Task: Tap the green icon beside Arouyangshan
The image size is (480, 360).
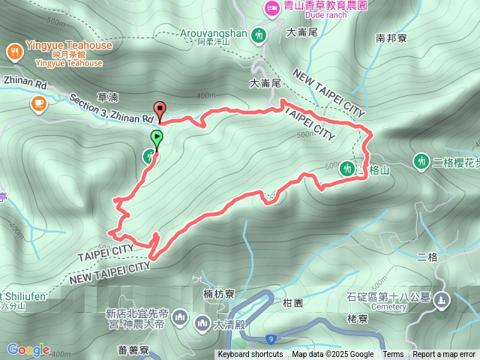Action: point(259,34)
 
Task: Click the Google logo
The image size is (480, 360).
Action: point(28,349)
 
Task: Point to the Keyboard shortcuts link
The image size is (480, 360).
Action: point(250,355)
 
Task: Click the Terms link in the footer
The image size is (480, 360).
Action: point(393,355)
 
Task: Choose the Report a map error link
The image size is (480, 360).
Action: point(444,355)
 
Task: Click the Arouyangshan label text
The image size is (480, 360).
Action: point(214,33)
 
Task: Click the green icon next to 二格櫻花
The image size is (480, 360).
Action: point(420,160)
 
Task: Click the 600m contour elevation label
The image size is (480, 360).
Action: point(331,166)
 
